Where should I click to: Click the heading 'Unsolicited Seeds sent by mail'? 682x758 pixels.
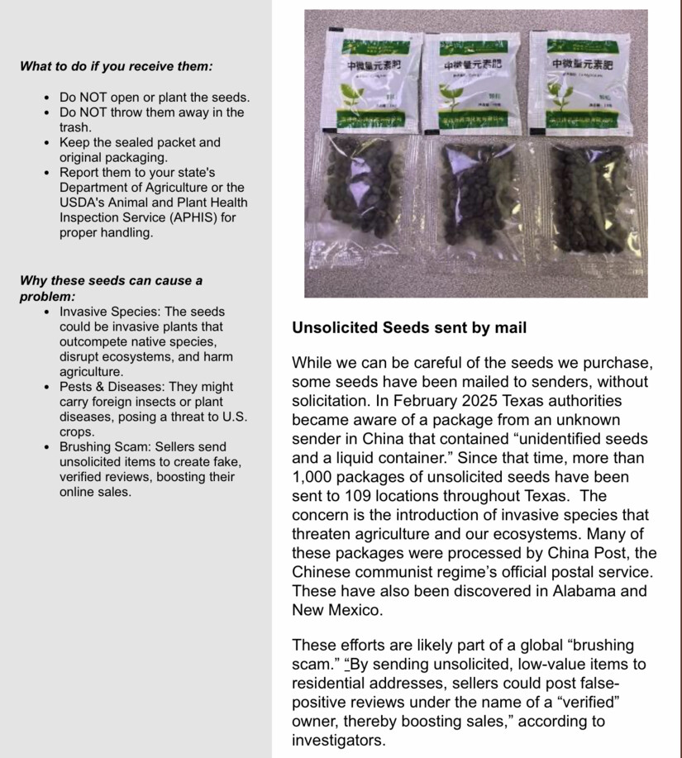coord(409,328)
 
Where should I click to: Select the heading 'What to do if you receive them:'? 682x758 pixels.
coord(116,66)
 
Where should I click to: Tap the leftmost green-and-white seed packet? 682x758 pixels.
coord(369,83)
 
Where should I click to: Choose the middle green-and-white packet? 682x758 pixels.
coord(470,83)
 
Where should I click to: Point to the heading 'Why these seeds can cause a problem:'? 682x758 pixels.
coord(111,288)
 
